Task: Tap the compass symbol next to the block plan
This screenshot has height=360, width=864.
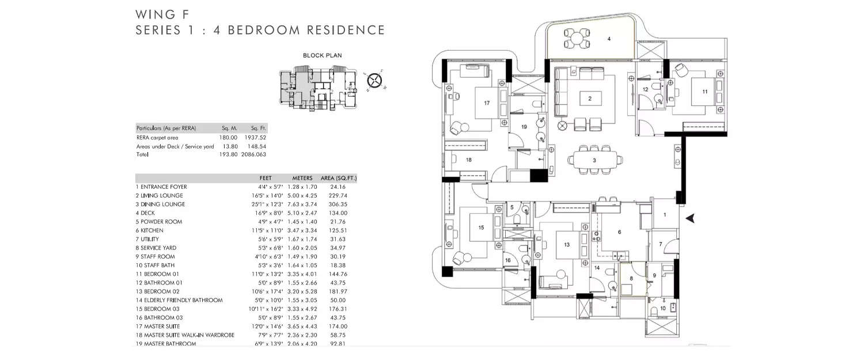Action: (x=375, y=79)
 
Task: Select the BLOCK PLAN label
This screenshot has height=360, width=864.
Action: (x=323, y=56)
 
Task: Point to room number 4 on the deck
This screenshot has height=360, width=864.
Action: (x=608, y=39)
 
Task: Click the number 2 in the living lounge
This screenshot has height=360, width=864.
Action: (x=590, y=98)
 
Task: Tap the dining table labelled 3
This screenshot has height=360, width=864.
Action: (x=594, y=161)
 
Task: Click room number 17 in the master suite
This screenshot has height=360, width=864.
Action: (x=487, y=103)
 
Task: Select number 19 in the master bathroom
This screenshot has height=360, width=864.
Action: (x=524, y=126)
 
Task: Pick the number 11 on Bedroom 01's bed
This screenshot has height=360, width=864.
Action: (x=704, y=92)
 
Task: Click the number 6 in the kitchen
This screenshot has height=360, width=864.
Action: (x=619, y=232)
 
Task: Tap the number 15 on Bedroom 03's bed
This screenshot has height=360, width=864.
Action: (x=482, y=228)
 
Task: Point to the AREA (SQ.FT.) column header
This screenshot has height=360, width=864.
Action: (x=339, y=178)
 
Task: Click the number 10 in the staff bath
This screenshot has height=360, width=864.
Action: (x=662, y=308)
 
